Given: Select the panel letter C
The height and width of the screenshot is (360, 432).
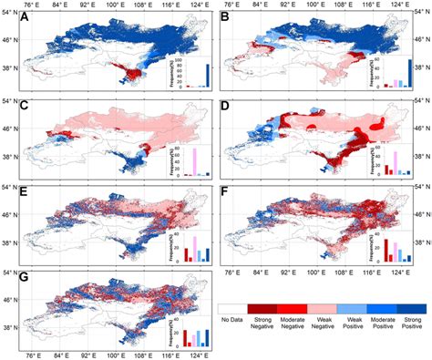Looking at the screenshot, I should click(30, 108).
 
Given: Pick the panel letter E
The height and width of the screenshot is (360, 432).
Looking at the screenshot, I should click(30, 193).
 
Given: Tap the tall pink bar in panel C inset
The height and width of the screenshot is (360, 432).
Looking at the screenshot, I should click(193, 160).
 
